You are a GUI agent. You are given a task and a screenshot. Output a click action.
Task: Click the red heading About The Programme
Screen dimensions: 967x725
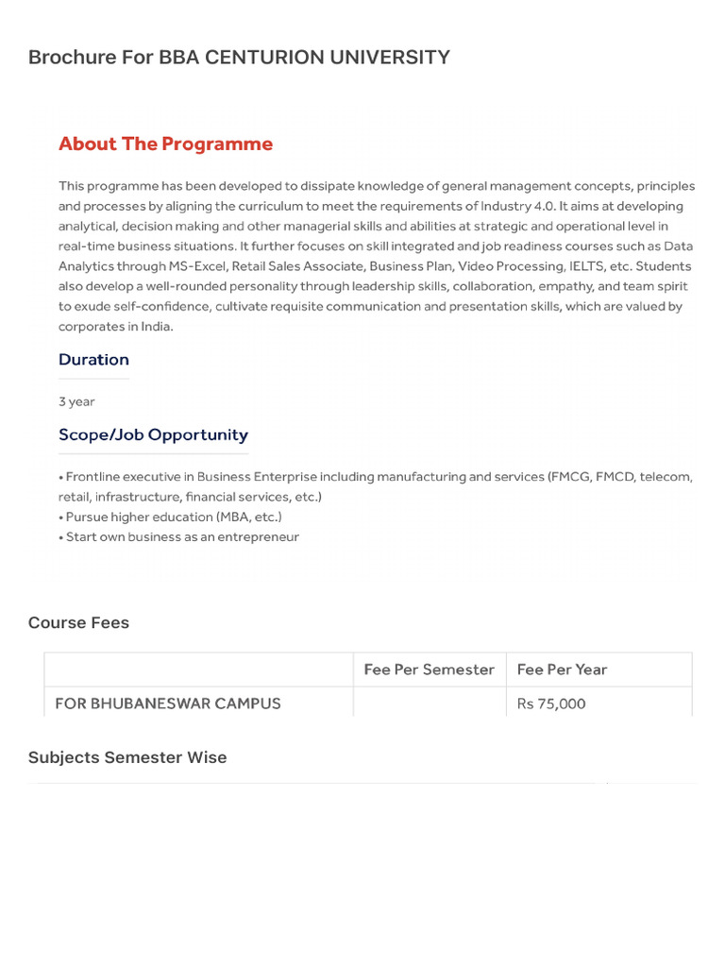point(165,144)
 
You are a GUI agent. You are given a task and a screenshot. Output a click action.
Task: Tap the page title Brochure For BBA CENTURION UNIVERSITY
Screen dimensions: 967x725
point(239,57)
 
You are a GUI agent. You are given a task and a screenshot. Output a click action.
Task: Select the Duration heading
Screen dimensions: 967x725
point(93,360)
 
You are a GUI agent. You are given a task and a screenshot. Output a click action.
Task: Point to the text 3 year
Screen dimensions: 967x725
point(76,401)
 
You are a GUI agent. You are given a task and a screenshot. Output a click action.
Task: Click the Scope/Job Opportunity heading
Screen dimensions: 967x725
point(153,435)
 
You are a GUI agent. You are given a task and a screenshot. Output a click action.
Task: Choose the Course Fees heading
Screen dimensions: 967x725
point(78,622)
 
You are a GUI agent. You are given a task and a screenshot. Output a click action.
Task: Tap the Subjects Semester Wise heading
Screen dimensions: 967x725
point(127,757)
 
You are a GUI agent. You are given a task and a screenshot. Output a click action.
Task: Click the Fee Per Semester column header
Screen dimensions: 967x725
point(429,670)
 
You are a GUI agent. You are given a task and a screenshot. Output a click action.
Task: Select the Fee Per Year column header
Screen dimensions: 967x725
point(562,670)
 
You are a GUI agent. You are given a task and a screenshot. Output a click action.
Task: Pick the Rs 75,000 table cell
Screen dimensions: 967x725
point(551,704)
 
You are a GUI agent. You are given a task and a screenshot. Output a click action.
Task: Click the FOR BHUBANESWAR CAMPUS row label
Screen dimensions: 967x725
point(168,704)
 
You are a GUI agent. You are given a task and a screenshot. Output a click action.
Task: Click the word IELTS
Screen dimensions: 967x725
point(586,266)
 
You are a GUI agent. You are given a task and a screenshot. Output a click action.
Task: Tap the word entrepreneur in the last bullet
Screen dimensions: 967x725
point(258,536)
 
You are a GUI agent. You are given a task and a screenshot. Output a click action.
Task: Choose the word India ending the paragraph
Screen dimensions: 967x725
point(156,327)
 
